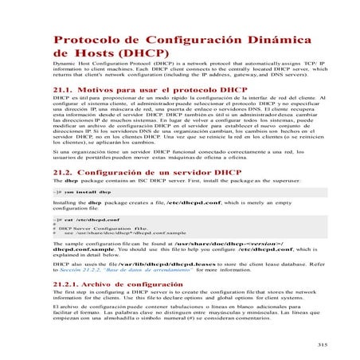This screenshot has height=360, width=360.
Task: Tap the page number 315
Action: pyautogui.click(x=323, y=344)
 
